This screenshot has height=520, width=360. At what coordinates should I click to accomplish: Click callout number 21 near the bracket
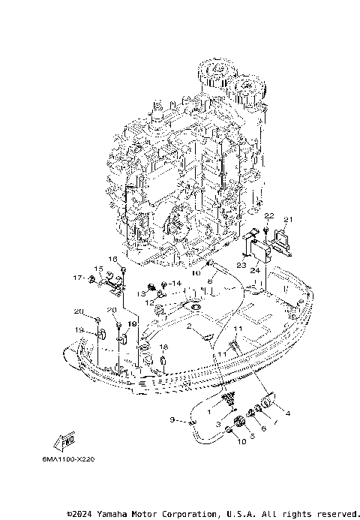(x=289, y=220)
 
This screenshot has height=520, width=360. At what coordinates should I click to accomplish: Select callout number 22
(x=268, y=216)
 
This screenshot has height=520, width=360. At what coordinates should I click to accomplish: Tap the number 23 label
(x=241, y=265)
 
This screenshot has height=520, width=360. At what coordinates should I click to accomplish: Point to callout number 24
(x=255, y=270)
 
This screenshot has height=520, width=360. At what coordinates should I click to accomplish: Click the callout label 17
(x=76, y=278)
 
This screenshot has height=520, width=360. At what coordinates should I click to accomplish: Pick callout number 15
(x=97, y=269)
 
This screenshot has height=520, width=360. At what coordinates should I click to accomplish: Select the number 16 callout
(x=113, y=259)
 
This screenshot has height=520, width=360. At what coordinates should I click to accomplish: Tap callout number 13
(x=140, y=293)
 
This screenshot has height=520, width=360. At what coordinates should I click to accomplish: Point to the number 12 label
(x=149, y=302)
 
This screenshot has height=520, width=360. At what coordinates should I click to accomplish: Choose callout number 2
(x=190, y=328)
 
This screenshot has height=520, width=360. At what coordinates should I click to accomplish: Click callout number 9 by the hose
(x=172, y=419)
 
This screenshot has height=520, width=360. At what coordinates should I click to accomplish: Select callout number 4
(x=286, y=411)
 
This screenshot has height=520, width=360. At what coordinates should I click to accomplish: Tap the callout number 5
(x=252, y=435)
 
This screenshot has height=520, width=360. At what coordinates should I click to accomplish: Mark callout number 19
(x=78, y=329)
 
